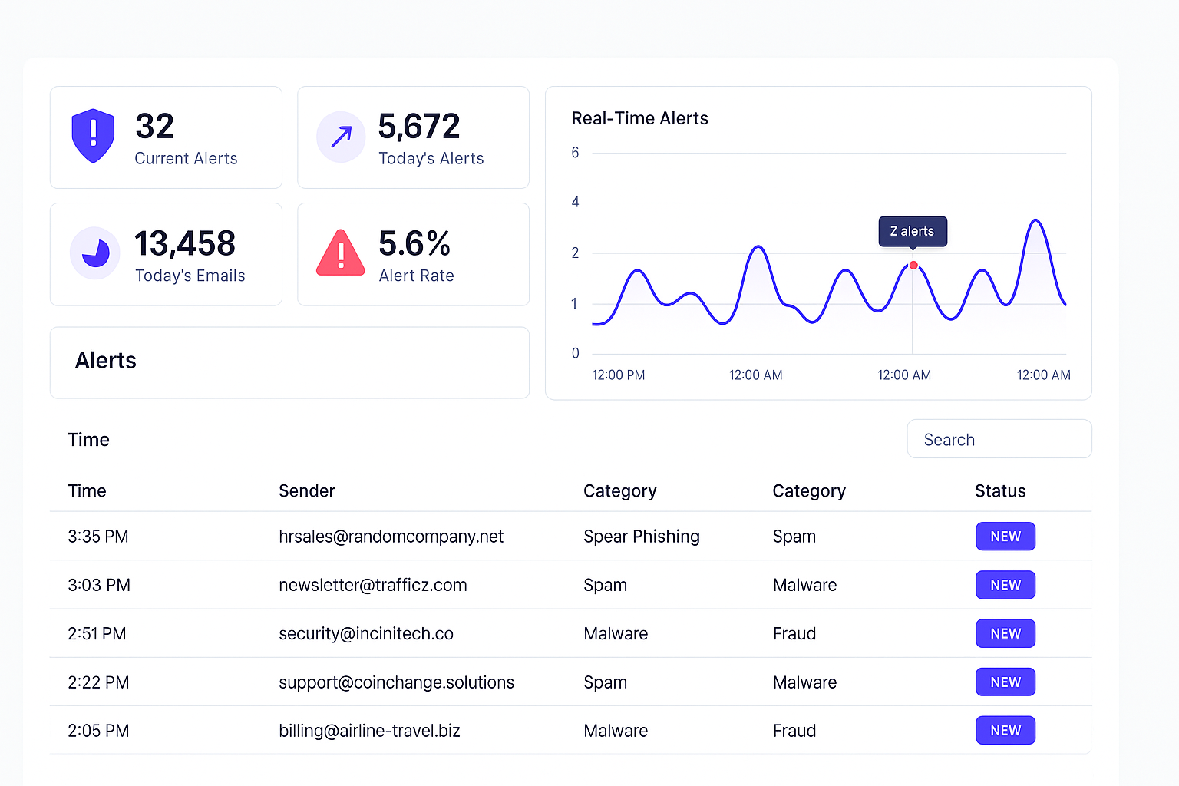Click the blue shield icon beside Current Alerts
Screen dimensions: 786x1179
(x=93, y=136)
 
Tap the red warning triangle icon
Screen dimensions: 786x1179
(x=340, y=253)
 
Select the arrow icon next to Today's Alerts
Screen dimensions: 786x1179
(x=341, y=137)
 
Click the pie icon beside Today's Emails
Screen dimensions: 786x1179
(x=95, y=253)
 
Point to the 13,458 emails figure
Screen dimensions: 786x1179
(x=184, y=244)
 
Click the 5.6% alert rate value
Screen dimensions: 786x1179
(x=414, y=244)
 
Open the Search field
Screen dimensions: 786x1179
(x=999, y=439)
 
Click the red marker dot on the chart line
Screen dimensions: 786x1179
(x=913, y=266)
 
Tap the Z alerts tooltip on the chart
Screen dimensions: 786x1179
(x=912, y=231)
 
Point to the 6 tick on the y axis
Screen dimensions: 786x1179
(x=575, y=153)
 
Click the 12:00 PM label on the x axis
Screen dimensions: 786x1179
(x=618, y=375)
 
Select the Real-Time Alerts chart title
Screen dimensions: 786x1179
(x=639, y=118)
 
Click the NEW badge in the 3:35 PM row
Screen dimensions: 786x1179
(x=1005, y=537)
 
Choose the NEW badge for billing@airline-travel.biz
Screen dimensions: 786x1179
(x=1005, y=731)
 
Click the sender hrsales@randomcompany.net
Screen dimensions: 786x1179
(x=391, y=537)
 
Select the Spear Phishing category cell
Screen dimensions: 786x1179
(x=641, y=537)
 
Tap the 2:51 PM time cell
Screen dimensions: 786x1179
(x=97, y=634)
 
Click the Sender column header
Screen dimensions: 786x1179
(x=306, y=491)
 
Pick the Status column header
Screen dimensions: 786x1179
(x=999, y=491)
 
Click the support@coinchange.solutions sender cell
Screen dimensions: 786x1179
(x=396, y=682)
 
